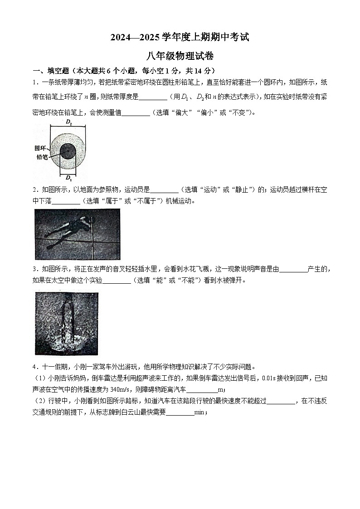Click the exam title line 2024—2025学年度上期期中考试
tap(180, 38)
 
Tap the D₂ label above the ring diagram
tap(68, 122)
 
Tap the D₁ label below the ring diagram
tap(68, 177)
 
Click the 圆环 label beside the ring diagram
tap(41, 148)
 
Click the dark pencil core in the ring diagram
tap(68, 150)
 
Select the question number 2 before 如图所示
tap(34, 190)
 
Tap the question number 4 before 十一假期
tap(34, 367)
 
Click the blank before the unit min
tap(180, 412)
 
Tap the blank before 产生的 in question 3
tap(293, 269)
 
